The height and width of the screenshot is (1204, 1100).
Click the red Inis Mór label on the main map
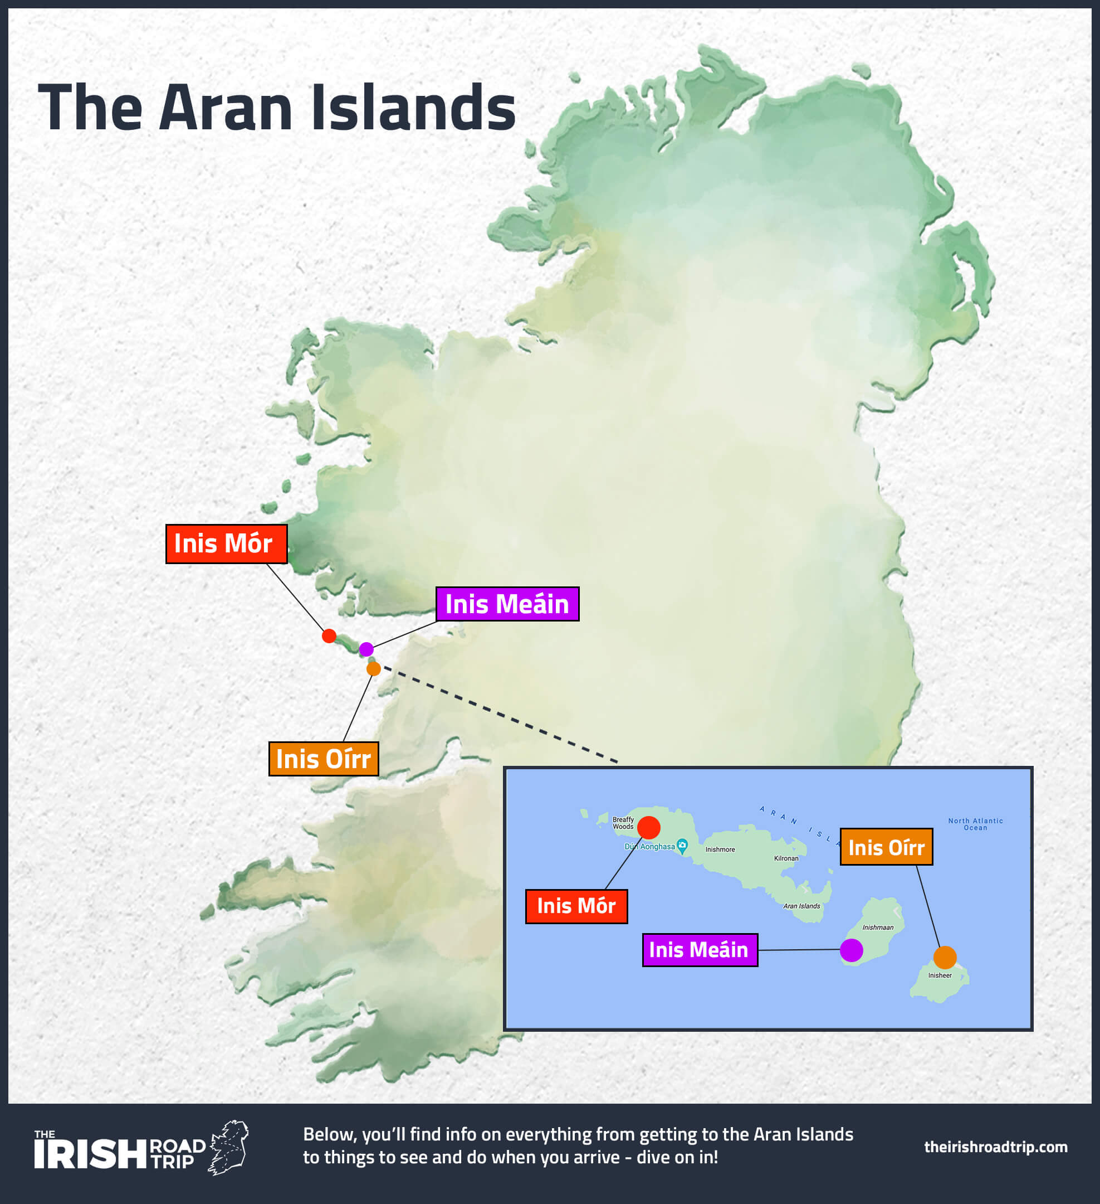point(226,543)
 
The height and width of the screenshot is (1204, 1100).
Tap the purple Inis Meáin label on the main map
point(507,604)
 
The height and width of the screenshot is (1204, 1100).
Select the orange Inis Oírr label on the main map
point(324,759)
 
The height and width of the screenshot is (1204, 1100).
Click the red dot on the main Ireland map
point(329,635)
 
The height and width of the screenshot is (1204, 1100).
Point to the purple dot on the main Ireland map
point(366,649)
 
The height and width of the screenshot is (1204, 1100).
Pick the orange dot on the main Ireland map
point(374,668)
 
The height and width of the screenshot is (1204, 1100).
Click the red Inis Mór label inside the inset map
point(576,906)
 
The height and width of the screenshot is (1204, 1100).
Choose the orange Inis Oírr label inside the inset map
point(886,847)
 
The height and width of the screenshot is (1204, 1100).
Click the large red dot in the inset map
point(649,827)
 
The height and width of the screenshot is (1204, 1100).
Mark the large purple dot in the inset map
point(851,950)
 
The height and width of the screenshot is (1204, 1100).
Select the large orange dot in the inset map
point(945,958)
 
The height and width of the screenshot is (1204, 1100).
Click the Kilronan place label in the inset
point(786,858)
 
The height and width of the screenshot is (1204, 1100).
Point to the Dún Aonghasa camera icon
point(682,845)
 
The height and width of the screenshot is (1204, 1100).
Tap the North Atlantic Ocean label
point(975,824)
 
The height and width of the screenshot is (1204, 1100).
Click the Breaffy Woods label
point(623,823)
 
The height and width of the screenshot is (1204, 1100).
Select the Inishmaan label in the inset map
point(877,928)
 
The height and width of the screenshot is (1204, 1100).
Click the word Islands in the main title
point(413,108)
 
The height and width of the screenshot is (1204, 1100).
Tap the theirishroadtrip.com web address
point(995,1147)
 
